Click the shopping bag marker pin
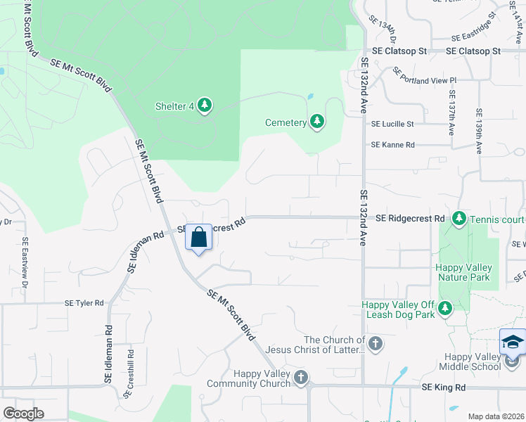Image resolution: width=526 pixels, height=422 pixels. pos(199,237)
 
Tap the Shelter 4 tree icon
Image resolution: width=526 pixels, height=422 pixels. pos(205,106)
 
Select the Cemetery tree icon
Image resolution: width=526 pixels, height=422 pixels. pos(317,122)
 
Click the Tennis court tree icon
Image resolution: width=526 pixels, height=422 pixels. pos(459,219)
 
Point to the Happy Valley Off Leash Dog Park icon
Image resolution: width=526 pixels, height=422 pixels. pos(444,309)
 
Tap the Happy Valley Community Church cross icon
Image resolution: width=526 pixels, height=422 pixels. pos(302,378)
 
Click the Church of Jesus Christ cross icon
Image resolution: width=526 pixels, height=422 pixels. pos(376,344)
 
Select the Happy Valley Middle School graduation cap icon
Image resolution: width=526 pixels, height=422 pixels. pos(513,343)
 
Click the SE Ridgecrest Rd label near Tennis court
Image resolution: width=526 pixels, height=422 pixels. pos(411,219)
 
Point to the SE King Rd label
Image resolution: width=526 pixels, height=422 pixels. pos(444,388)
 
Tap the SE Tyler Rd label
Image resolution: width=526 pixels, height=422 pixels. pos(84,303)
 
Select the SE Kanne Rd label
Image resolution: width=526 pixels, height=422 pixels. pos(393,145)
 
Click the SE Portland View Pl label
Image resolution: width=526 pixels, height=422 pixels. pos(425,80)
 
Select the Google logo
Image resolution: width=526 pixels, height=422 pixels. pos(24,413)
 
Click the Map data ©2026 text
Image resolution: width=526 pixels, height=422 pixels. pos(496,416)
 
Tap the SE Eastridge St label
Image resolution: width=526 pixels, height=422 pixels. pos(475,37)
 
